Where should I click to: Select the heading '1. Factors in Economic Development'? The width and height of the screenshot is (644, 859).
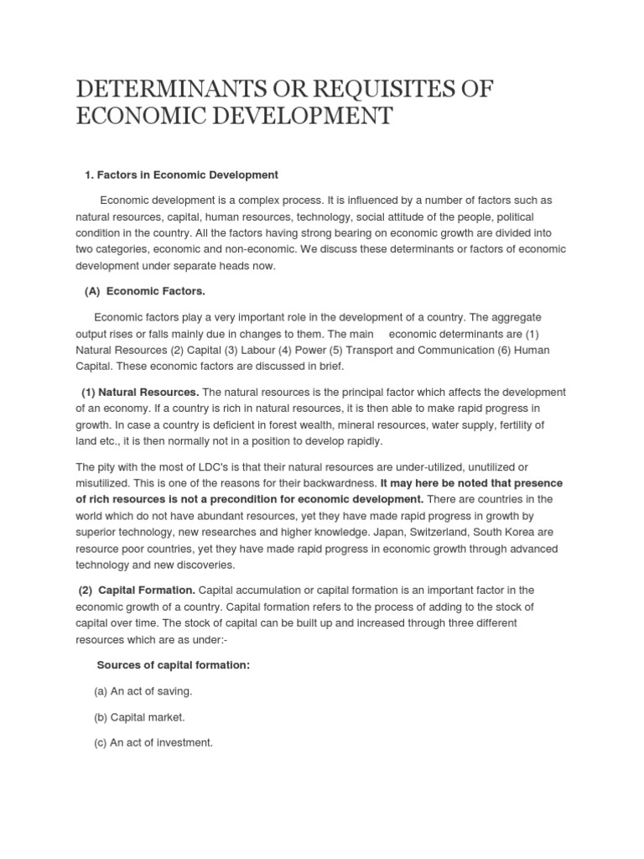(181, 174)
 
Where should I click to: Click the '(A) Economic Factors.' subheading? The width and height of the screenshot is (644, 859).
(145, 291)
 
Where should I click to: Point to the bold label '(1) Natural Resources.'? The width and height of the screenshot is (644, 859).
(140, 392)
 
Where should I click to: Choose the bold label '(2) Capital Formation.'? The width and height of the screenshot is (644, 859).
(135, 591)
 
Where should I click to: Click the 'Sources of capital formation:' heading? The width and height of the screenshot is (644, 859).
(174, 665)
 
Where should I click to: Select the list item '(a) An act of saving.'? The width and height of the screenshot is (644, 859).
(143, 691)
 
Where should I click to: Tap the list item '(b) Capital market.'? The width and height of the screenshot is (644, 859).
(139, 717)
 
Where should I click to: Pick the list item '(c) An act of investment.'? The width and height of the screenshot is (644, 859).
(153, 742)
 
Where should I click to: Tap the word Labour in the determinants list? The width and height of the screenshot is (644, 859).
(251, 350)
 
